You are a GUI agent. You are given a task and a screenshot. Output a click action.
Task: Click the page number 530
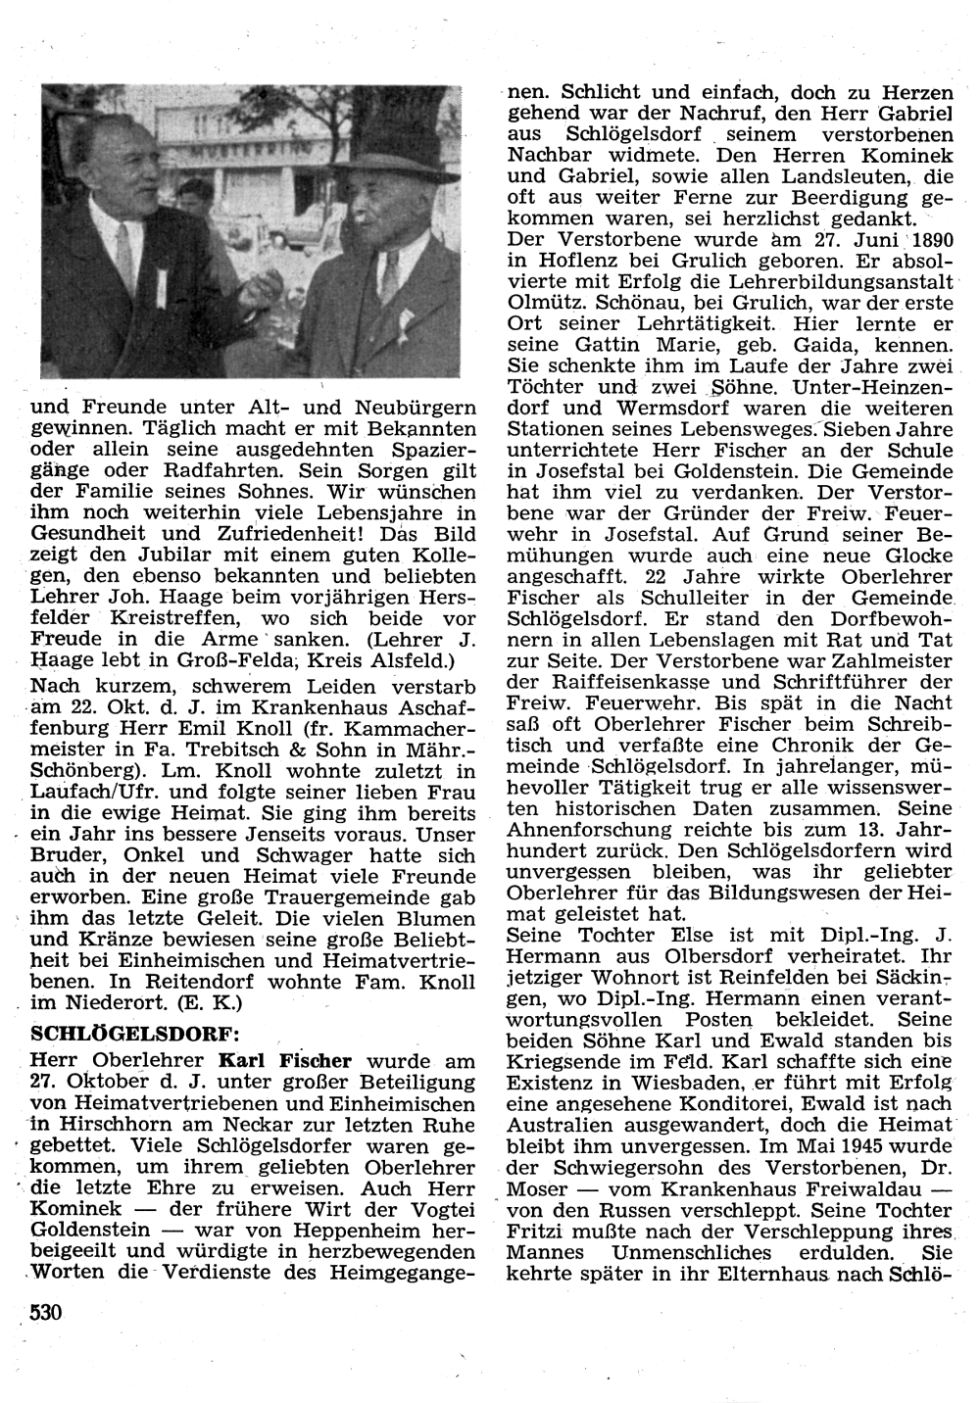[46, 1312]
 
